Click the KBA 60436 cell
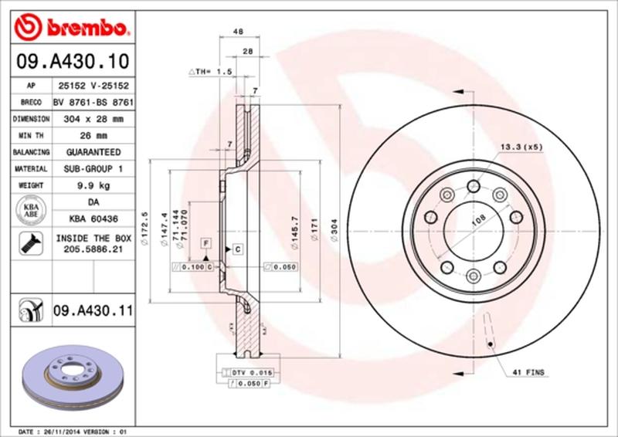pos(91,218)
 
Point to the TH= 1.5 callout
pos(210,71)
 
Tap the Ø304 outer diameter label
pos(333,229)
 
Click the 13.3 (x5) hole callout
pos(521,146)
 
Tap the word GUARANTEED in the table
pos(91,152)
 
